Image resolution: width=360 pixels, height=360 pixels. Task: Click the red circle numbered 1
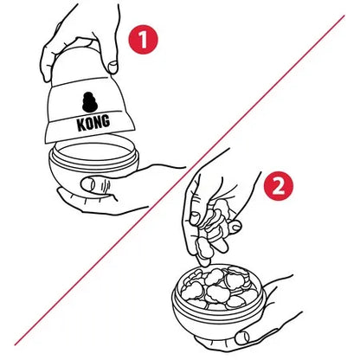tap(144, 40)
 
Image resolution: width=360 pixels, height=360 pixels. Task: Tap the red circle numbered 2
tap(279, 186)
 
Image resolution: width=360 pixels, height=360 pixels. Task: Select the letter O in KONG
tap(89, 123)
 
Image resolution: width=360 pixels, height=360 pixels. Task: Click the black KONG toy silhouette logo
tap(90, 102)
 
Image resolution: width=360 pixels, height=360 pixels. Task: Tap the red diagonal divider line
tap(179, 180)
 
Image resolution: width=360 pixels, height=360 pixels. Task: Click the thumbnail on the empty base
tap(88, 185)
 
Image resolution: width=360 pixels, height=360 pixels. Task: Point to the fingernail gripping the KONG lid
tap(112, 67)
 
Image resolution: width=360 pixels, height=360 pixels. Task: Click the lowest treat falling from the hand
tap(202, 248)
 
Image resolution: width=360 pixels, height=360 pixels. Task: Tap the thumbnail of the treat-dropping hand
tap(194, 218)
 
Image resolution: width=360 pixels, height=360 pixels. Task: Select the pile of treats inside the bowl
tap(218, 287)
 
